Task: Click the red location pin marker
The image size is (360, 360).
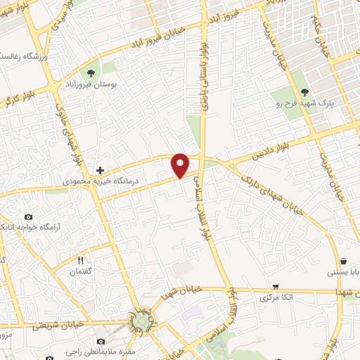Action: (x=181, y=165)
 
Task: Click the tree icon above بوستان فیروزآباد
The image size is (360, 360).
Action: (x=90, y=72)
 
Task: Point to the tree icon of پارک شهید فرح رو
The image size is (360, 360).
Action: (x=304, y=91)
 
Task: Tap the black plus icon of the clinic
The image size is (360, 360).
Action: (x=101, y=170)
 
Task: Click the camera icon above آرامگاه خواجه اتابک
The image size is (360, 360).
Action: (x=28, y=217)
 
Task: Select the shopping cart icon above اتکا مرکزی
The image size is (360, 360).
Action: (x=276, y=287)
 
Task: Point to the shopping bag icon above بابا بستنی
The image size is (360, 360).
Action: (x=342, y=260)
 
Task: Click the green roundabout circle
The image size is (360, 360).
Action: (x=142, y=321)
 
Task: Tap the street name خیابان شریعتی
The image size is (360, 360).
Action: (x=66, y=324)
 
